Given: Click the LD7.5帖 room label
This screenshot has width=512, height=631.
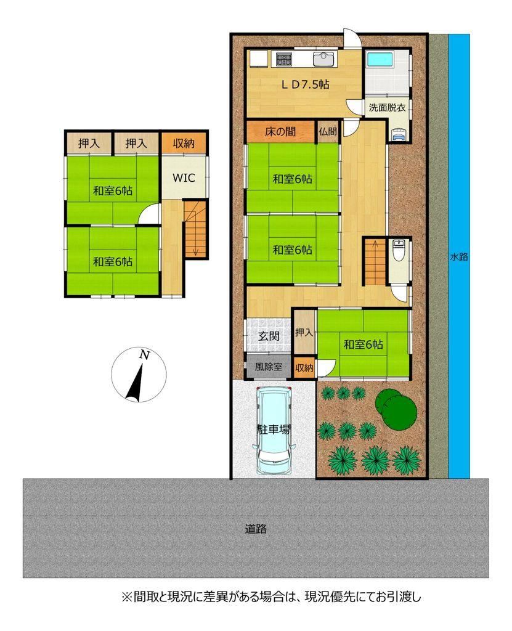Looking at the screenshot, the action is tap(305, 84).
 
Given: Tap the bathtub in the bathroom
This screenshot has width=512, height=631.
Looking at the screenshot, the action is tap(381, 60).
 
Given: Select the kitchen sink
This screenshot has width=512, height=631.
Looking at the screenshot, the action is tap(323, 60).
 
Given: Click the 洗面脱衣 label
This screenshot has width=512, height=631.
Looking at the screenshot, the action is tap(387, 107).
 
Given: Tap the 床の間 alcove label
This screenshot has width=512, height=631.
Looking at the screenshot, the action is tap(280, 131).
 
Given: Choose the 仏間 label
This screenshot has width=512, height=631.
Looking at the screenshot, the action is tap(328, 131).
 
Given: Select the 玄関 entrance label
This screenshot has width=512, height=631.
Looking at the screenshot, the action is tap(269, 336).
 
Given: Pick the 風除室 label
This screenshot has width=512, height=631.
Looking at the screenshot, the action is tap(269, 367).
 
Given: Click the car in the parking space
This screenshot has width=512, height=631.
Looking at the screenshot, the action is tap(274, 429).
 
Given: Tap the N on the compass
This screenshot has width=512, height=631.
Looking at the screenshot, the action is tap(144, 355).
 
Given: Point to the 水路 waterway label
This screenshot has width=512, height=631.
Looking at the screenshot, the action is tap(459, 256).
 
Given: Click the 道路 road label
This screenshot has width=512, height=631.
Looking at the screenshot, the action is tap(256, 528).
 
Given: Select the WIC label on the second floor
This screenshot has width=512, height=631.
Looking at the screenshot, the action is tap(184, 178).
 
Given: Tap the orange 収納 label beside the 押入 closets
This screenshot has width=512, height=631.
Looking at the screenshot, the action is tap(184, 143).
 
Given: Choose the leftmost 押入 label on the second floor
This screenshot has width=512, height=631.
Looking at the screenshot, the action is tap(89, 143).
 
